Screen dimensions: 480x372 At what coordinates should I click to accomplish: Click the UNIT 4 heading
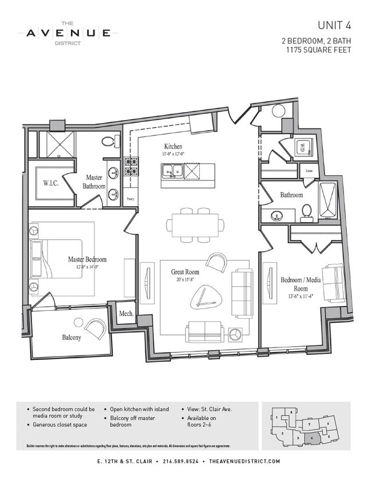point(334,25)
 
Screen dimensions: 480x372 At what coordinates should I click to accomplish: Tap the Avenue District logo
point(68,33)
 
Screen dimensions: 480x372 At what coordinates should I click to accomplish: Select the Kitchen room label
point(173,146)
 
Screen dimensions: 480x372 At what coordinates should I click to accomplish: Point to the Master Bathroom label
point(94,182)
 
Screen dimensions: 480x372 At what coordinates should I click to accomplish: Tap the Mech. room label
point(126,313)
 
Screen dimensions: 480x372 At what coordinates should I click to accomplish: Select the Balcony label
point(72,337)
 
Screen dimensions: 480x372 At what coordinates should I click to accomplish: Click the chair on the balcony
point(95,328)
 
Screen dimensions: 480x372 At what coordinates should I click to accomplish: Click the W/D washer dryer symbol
point(302,149)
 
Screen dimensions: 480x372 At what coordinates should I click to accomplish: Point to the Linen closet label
point(308,171)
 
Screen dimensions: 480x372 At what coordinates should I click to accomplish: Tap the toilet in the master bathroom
point(108,141)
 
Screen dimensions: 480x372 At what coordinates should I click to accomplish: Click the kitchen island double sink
point(172,170)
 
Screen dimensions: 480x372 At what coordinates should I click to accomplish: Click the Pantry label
point(130,199)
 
